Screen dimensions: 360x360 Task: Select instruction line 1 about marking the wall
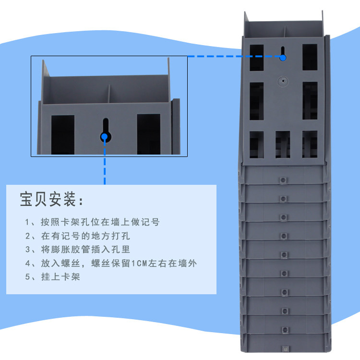pyautogui.click(x=92, y=222)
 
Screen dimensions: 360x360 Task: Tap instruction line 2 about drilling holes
pyautogui.click(x=78, y=236)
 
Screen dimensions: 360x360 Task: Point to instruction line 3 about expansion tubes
pyautogui.click(x=78, y=249)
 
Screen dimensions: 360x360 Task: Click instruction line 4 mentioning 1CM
pyautogui.click(x=111, y=263)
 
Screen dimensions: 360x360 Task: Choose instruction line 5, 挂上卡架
pyautogui.click(x=53, y=276)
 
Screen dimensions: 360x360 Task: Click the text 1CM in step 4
pyautogui.click(x=139, y=264)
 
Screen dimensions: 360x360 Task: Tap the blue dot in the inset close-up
pyautogui.click(x=105, y=137)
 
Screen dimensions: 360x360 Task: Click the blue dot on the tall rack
pyautogui.click(x=283, y=58)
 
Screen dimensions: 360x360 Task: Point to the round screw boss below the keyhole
pyautogui.click(x=283, y=81)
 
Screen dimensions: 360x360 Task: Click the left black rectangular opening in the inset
pyautogui.click(x=63, y=135)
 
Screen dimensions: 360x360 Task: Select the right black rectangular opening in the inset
pyautogui.click(x=148, y=134)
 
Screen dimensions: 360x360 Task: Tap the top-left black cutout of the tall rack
pyautogui.click(x=257, y=58)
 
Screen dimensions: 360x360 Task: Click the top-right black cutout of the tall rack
pyautogui.click(x=310, y=57)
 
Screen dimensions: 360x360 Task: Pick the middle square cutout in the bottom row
pyautogui.click(x=283, y=144)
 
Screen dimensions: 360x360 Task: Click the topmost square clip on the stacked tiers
pyautogui.click(x=283, y=180)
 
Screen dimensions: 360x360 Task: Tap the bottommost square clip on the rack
pyautogui.click(x=286, y=349)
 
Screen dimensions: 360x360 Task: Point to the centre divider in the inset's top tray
pyautogui.click(x=109, y=94)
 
